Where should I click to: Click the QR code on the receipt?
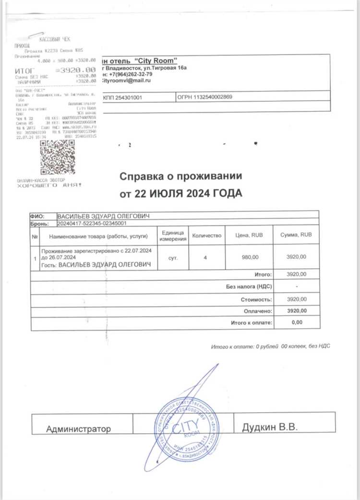pyautogui.click(x=58, y=157)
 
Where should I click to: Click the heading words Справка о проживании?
pyautogui.click(x=181, y=177)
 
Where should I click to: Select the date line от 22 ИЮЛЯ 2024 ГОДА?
pyautogui.click(x=181, y=193)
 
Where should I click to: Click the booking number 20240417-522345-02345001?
pyautogui.click(x=92, y=224)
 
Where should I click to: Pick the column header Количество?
pyautogui.click(x=206, y=236)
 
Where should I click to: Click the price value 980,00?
pyautogui.click(x=250, y=258)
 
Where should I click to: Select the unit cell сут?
pyautogui.click(x=173, y=258)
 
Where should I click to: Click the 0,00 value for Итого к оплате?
pyautogui.click(x=297, y=322)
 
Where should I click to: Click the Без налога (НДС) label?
pyautogui.click(x=249, y=287)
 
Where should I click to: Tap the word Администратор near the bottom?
pyautogui.click(x=78, y=429)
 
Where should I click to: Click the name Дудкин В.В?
pyautogui.click(x=270, y=426)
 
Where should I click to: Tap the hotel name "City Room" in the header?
pyautogui.click(x=155, y=60)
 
